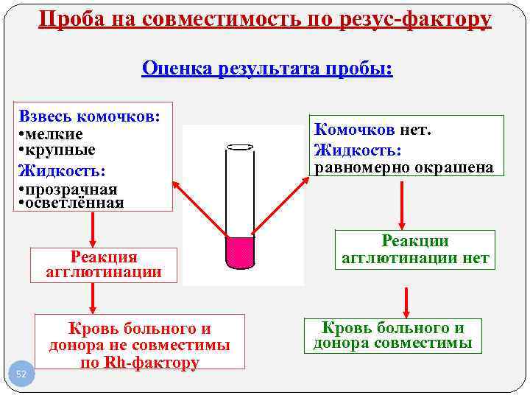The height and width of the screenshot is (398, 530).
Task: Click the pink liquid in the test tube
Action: click(x=239, y=252)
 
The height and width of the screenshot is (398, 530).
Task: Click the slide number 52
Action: click(x=21, y=374)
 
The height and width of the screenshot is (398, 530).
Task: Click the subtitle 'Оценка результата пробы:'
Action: click(x=267, y=69)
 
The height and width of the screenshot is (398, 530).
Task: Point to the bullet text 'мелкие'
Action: click(x=54, y=134)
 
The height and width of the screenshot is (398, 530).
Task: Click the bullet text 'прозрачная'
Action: click(x=68, y=189)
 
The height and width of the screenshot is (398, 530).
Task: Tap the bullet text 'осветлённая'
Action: click(x=72, y=203)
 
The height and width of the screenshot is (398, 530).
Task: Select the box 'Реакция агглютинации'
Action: click(x=104, y=265)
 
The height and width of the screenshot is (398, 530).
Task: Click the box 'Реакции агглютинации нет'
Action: click(x=415, y=251)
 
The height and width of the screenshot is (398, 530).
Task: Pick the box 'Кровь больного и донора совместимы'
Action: click(x=393, y=335)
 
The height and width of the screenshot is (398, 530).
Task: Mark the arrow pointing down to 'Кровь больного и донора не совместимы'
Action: click(x=93, y=298)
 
